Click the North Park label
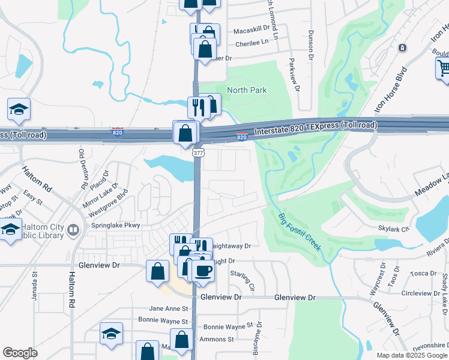(x=246, y=90)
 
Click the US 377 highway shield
(x=197, y=154)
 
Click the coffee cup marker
(x=203, y=271)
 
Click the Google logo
(x=20, y=352)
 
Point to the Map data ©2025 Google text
(x=412, y=355)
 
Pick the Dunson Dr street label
(x=311, y=46)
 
